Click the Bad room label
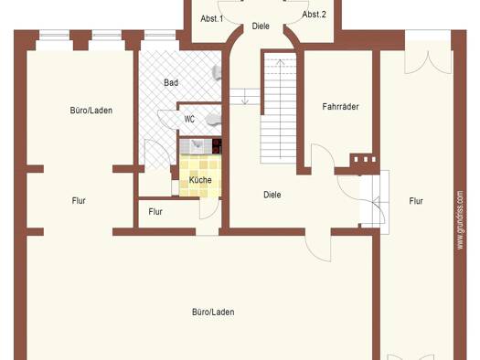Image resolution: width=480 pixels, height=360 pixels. click(171, 82)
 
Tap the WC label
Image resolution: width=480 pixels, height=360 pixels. click(189, 119)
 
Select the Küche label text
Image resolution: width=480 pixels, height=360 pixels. click(200, 180)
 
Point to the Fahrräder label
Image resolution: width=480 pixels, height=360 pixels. click(340, 106)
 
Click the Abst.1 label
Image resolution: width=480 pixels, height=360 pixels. click(212, 18)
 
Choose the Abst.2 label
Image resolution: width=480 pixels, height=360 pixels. click(315, 15)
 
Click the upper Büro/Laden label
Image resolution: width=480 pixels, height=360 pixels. click(91, 111)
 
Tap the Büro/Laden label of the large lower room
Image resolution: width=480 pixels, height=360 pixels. click(213, 312)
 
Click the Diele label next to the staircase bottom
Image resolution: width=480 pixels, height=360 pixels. click(272, 195)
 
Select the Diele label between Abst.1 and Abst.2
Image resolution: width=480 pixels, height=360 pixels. click(261, 26)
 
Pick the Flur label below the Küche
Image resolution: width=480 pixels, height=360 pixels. click(155, 212)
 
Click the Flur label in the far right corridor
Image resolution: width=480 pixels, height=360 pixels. click(416, 201)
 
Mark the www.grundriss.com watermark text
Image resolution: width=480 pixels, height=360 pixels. click(460, 220)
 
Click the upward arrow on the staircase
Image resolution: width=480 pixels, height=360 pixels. click(281, 109)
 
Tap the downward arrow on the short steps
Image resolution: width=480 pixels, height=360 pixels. click(245, 96)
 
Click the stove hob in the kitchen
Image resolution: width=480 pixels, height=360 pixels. click(217, 146)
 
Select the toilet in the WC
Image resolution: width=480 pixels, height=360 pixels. click(213, 120)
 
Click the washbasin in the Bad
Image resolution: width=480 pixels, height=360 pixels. click(217, 73)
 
